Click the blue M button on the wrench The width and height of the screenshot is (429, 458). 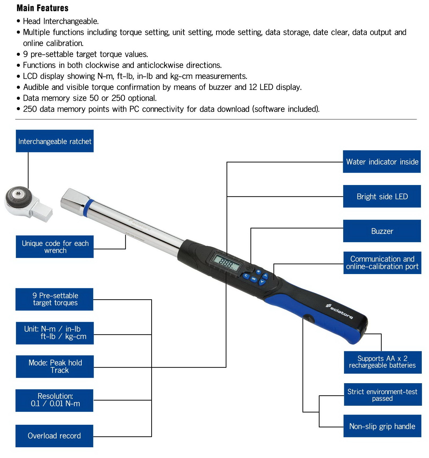(258, 272)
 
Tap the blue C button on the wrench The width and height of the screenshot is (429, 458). (246, 276)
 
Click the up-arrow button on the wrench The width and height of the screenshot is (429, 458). (265, 276)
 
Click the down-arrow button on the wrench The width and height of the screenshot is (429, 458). (262, 282)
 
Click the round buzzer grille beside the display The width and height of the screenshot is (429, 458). (250, 267)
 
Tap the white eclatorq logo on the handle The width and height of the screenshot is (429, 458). (339, 311)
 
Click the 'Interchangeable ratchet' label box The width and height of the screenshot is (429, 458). (55, 141)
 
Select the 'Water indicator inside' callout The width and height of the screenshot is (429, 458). (382, 161)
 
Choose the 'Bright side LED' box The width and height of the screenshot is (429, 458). (382, 196)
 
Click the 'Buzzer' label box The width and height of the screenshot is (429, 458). (382, 231)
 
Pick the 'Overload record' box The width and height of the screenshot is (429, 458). (54, 436)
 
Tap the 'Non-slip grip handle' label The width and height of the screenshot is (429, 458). (382, 426)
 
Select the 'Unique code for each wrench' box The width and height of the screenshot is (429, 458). (55, 247)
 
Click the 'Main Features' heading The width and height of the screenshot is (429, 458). (42, 8)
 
